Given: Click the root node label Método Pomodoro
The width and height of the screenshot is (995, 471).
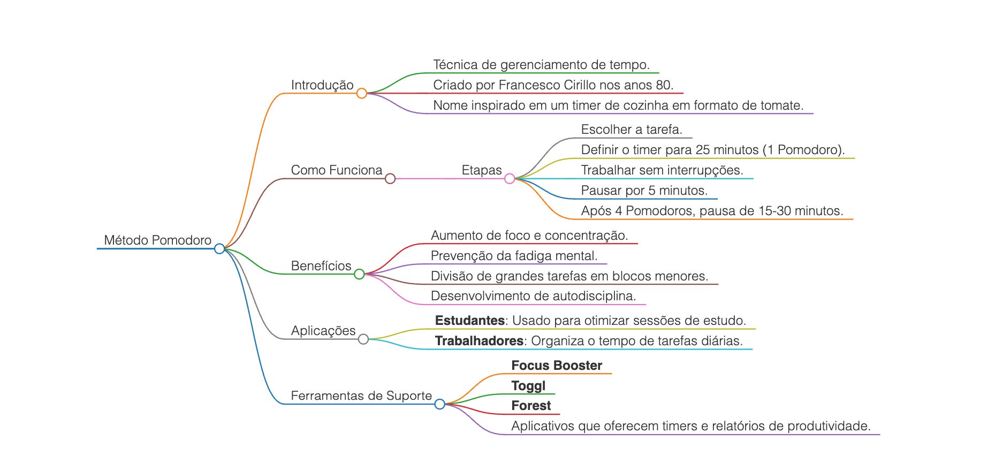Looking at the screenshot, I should (x=157, y=240).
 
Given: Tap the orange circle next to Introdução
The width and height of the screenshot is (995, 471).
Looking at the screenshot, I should (x=362, y=94).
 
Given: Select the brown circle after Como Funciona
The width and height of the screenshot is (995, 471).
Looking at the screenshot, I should (x=390, y=179).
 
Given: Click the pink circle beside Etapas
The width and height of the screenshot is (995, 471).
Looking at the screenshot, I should (x=510, y=179).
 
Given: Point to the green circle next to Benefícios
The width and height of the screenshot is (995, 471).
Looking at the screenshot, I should (x=359, y=274).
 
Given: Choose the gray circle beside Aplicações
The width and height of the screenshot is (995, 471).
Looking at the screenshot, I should (x=363, y=339).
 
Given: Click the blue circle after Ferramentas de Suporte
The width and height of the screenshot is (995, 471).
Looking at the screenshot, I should (x=440, y=404).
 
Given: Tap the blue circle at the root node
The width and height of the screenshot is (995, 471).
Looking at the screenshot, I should (x=219, y=248).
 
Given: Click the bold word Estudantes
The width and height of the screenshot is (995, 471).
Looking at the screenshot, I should (x=469, y=321).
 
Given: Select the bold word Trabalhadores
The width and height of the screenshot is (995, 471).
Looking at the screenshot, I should (x=479, y=341).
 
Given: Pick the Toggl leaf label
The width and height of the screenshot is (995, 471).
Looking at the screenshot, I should (x=528, y=386).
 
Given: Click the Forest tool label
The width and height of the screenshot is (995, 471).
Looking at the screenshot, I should (x=531, y=406).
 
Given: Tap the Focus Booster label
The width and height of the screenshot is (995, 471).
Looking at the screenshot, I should (x=557, y=366).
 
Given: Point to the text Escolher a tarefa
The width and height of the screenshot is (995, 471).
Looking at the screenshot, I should (x=632, y=130).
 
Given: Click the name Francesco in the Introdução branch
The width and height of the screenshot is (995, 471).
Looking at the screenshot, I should (x=529, y=85).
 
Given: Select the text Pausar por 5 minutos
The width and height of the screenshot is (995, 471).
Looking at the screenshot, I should (x=644, y=191).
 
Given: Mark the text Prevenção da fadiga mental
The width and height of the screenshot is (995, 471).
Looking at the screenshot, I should (x=514, y=256).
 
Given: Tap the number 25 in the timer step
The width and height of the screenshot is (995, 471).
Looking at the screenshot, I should (x=703, y=150).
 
